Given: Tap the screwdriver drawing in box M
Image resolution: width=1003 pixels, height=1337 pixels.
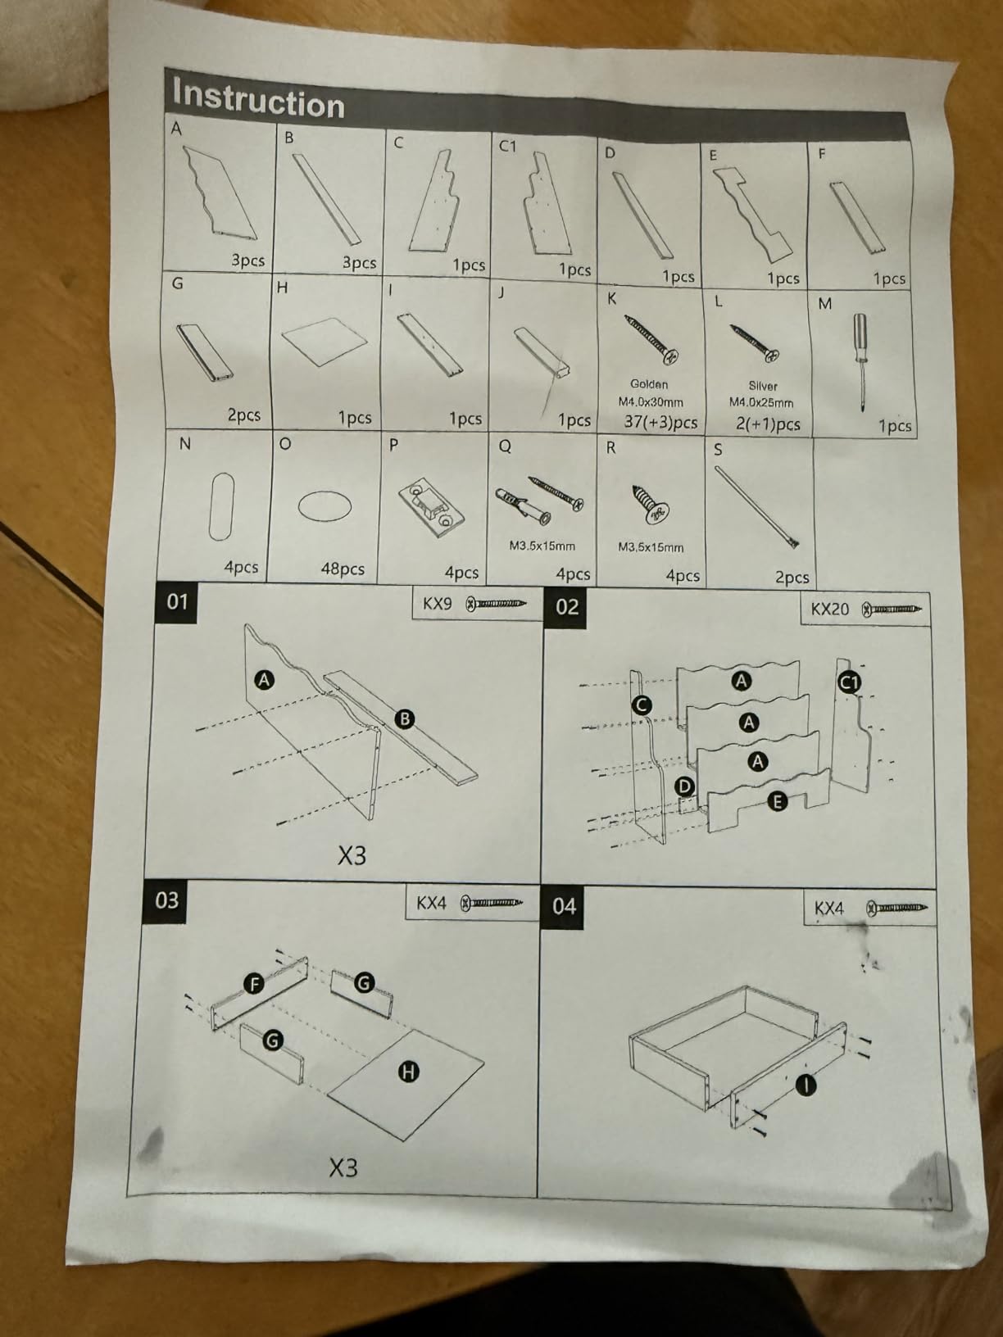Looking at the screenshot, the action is point(861,362).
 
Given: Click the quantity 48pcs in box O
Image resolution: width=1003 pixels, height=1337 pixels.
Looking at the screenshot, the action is point(343,569).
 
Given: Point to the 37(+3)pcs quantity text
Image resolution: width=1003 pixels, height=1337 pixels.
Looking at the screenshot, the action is point(660,422).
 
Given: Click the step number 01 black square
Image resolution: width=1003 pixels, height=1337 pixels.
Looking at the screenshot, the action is point(177,602).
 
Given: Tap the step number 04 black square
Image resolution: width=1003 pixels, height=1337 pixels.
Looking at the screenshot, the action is point(563,906).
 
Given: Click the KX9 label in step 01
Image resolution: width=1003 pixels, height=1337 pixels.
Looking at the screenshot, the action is point(438,604).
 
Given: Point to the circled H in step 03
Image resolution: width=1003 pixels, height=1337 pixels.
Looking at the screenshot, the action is point(409,1072).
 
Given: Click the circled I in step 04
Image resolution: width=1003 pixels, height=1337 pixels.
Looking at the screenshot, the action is point(806,1084).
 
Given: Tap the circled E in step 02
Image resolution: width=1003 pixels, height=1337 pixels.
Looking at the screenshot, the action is point(777,801).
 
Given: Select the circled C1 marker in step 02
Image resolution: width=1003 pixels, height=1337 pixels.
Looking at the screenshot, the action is point(849,682).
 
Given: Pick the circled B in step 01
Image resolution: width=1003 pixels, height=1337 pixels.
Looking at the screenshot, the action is point(404,719).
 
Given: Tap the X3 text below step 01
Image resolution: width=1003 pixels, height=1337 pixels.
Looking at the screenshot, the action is point(352,855).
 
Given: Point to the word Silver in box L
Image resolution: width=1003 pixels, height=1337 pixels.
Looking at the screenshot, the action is point(762,386).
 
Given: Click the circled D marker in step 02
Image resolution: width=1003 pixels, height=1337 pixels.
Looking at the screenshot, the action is point(685,787).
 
